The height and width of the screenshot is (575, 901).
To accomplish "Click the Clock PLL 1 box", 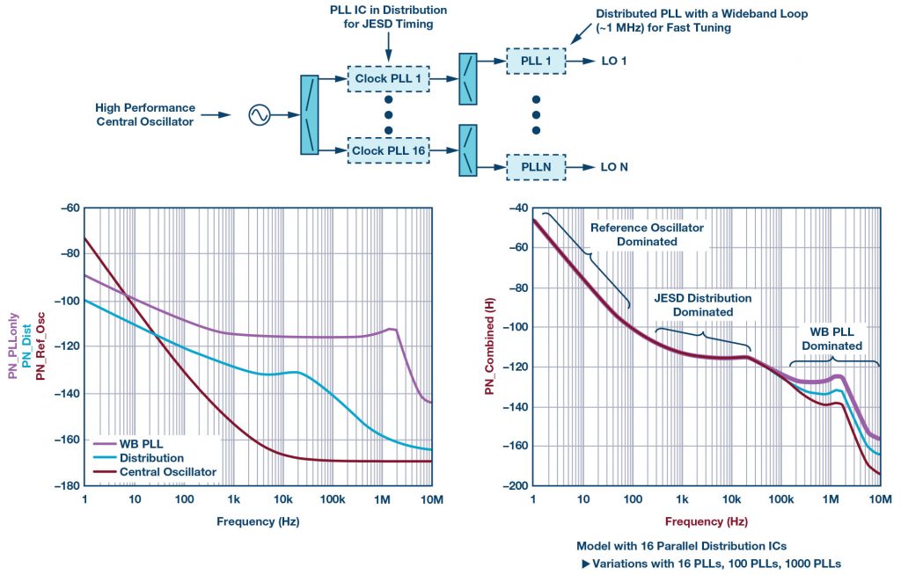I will (388, 78).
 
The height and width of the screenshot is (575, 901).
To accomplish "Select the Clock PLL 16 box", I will (388, 150).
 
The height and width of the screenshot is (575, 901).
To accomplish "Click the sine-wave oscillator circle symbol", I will (259, 114).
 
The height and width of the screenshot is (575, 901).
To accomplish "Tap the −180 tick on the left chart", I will (67, 486).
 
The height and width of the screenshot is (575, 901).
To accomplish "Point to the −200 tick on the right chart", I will (516, 486).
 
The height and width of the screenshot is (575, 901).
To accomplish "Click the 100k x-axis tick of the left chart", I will (333, 499).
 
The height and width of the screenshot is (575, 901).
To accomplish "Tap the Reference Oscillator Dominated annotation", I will (647, 234).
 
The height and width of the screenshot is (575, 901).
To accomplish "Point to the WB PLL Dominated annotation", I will (831, 339).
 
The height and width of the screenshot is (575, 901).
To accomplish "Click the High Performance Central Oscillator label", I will (144, 114).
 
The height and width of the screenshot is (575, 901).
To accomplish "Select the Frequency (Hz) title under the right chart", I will (707, 520).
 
